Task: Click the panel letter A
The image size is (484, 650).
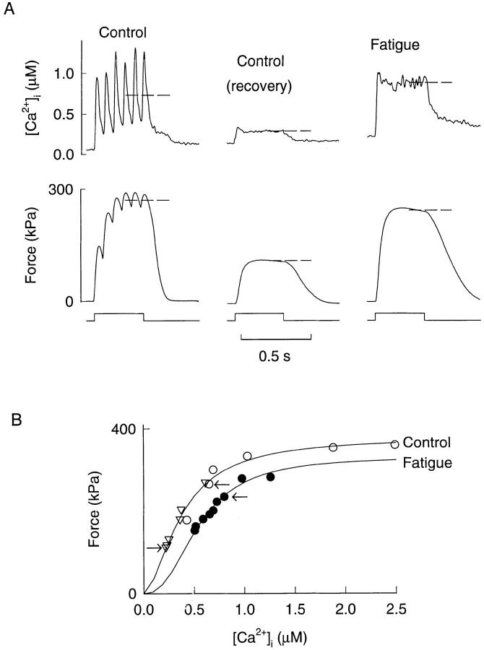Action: click(9, 10)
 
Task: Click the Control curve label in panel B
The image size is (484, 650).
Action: click(427, 442)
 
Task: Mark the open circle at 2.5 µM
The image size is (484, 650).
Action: click(394, 444)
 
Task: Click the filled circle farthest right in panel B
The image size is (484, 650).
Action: click(270, 477)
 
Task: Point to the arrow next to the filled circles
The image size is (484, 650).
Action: click(240, 497)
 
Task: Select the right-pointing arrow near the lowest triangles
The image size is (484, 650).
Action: click(155, 548)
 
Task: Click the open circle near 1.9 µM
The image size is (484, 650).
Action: click(333, 447)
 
